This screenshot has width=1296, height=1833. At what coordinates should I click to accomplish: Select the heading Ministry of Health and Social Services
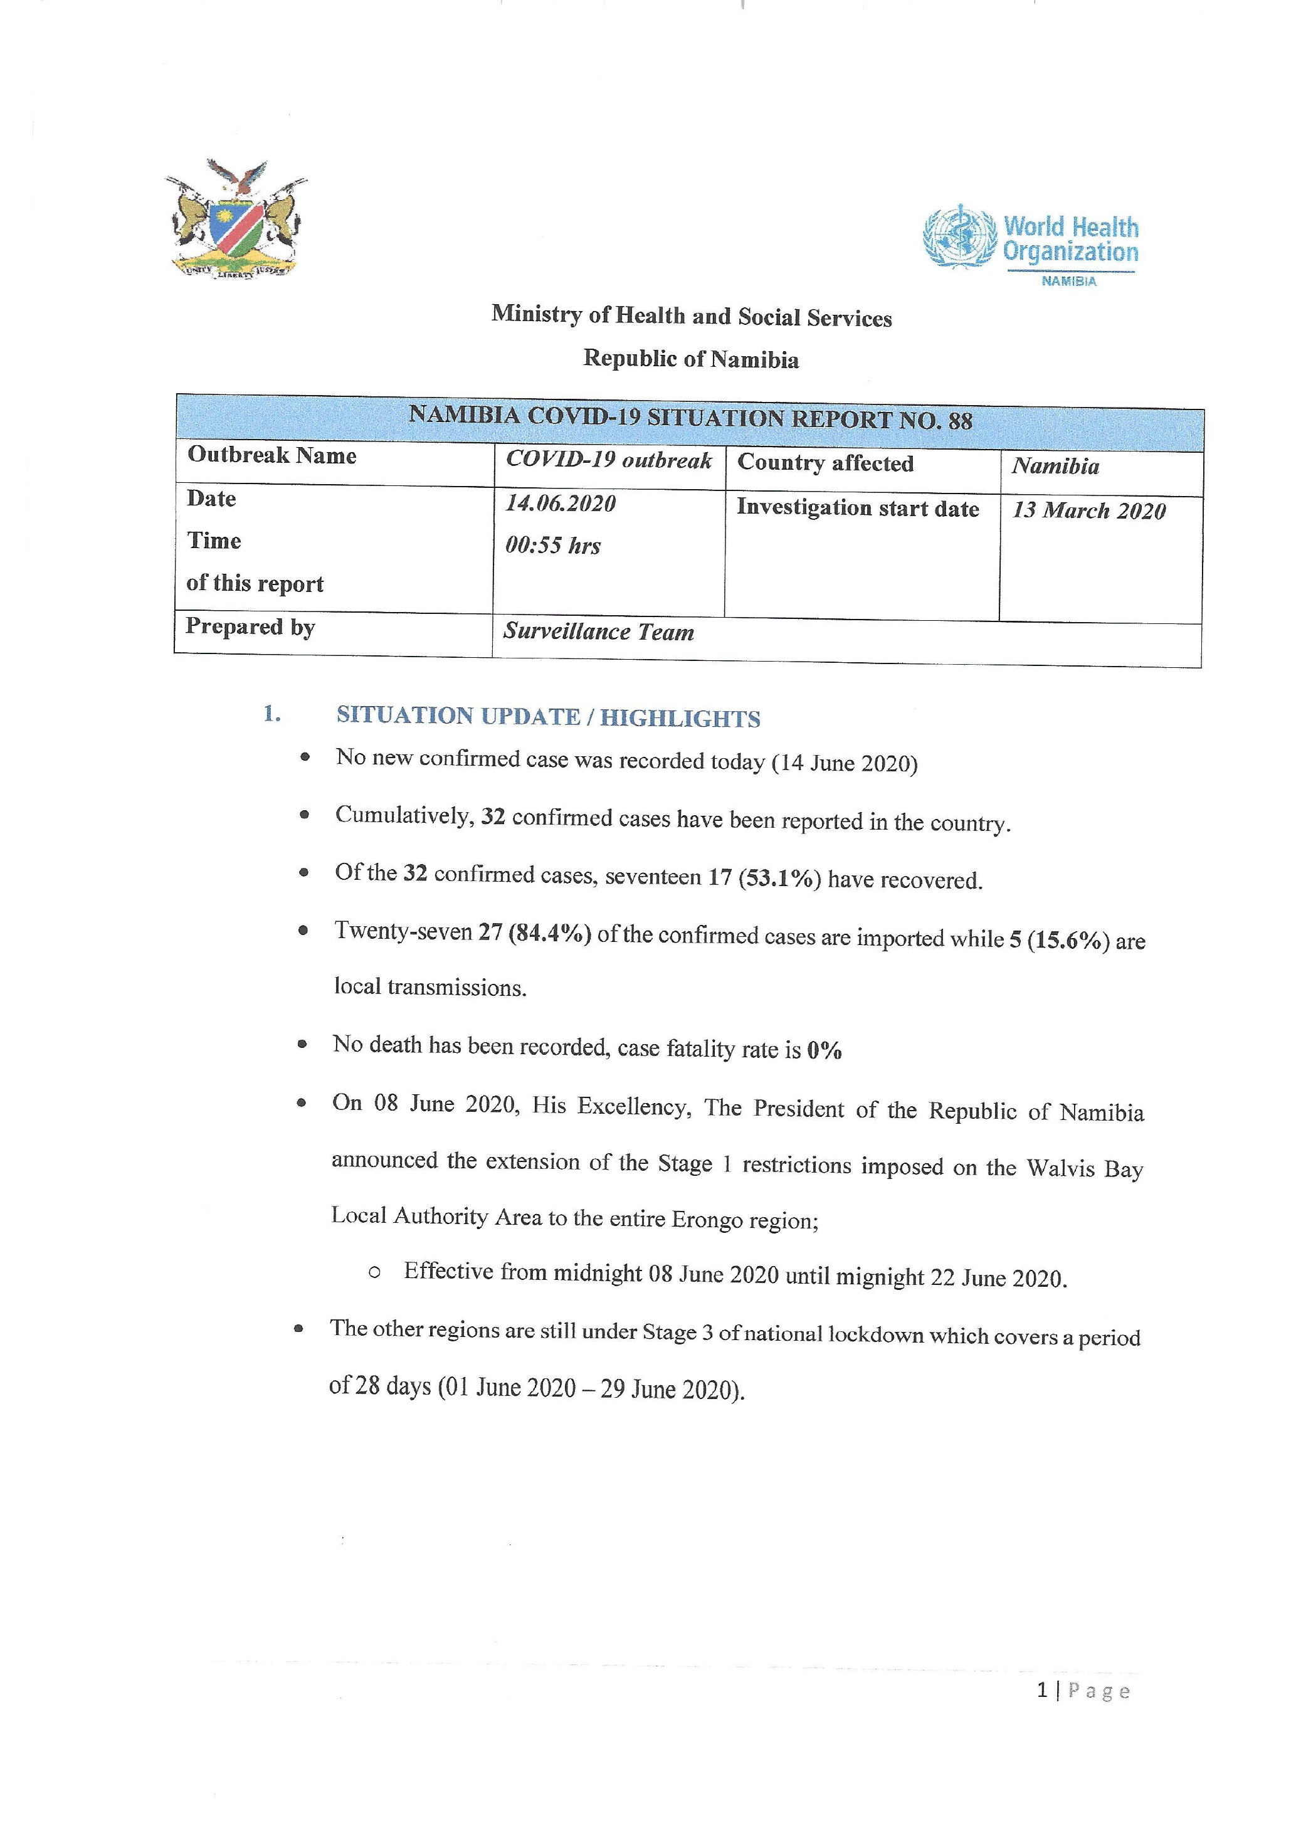point(691,316)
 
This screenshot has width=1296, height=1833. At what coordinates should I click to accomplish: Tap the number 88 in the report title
point(960,421)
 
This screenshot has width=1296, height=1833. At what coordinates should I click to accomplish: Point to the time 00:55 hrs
point(553,546)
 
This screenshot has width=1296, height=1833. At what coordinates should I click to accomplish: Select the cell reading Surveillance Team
point(599,632)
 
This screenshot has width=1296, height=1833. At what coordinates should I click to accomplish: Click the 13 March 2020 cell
point(1088,511)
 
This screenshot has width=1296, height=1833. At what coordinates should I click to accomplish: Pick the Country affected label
point(825,463)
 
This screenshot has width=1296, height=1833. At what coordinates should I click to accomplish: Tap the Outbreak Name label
point(271,455)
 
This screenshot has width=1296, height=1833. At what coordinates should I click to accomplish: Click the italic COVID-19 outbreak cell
point(608,461)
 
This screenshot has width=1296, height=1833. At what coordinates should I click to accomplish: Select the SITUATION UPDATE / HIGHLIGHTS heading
point(548,717)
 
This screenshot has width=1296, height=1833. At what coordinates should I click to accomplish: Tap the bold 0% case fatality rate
point(824,1050)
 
